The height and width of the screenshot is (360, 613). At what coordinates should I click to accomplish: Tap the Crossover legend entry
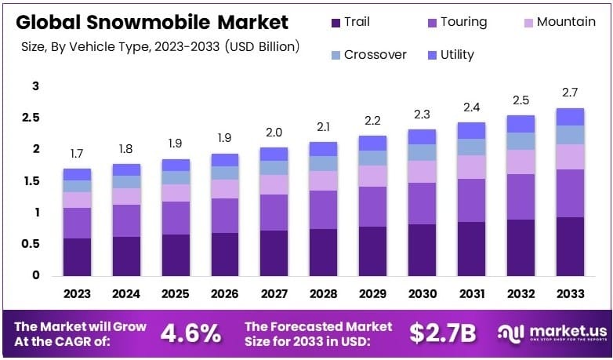368,55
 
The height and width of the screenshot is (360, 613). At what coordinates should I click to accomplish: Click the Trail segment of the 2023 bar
78,256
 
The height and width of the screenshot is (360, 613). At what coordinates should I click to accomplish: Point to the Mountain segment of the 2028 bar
324,180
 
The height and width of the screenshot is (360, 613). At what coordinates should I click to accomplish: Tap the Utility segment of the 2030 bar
423,136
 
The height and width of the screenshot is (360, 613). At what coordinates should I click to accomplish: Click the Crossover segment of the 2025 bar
176,177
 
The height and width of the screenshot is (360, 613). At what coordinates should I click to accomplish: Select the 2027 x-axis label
274,294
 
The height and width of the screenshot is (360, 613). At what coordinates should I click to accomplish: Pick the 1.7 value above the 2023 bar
77,153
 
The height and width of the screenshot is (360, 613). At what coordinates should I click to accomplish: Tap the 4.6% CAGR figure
190,333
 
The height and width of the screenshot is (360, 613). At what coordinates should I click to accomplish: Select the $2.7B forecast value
442,333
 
